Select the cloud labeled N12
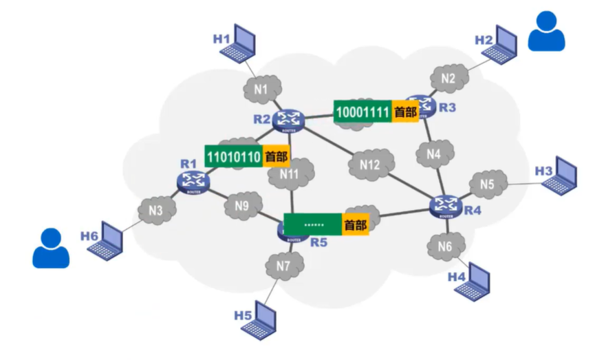click(370, 166)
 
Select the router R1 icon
click(193, 181)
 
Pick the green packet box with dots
click(313, 224)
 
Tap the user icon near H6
click(51, 248)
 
